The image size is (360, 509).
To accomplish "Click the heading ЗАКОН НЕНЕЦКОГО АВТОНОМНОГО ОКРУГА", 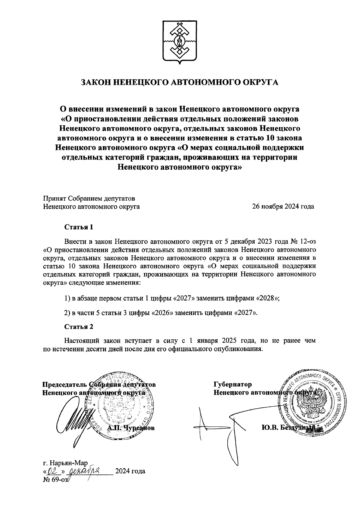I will pos(180,82).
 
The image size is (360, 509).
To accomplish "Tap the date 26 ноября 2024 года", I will pos(283,207).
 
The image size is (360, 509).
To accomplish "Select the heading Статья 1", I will pos(79,227).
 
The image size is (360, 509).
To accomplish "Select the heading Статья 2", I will pos(79,326).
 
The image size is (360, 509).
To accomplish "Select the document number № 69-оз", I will pos(55,479).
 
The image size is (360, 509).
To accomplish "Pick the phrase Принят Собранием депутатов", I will pos(89,198).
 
